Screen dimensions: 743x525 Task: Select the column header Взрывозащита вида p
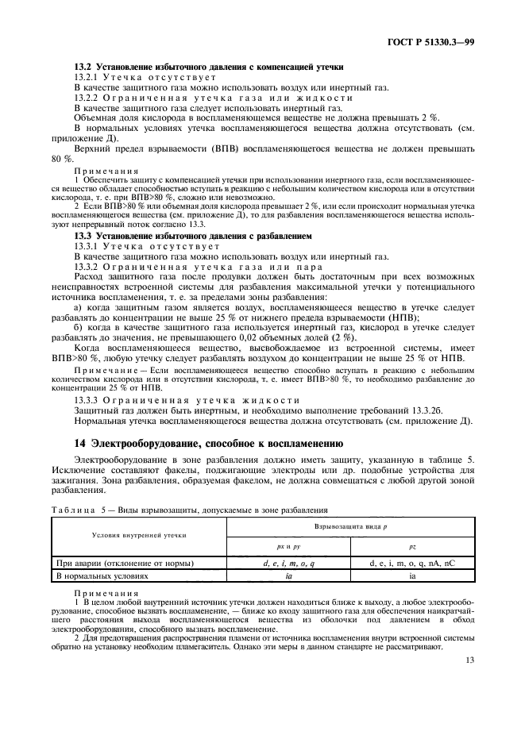click(365, 527)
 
